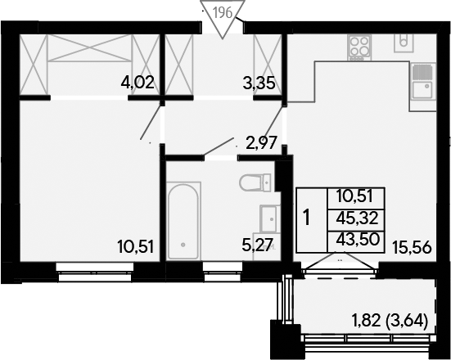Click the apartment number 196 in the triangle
pos(223,12)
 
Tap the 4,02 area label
pos(138,83)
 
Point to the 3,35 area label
pos(259,83)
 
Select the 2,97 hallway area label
pos(261,142)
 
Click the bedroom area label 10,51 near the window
pos(136,247)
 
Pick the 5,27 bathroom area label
pos(258,245)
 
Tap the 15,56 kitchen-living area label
pos(413,248)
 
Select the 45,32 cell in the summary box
pos(357,219)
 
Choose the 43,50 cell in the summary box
pos(357,239)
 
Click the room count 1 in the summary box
pos(307,218)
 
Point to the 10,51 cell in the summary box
pos(355,197)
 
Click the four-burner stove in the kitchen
pos(359,47)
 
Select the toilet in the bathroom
pos(255,182)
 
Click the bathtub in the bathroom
pos(183,221)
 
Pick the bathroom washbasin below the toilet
pos(269,218)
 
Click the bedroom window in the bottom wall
pos(95,272)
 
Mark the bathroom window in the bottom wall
pos(223,272)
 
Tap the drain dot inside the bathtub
pos(183,245)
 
